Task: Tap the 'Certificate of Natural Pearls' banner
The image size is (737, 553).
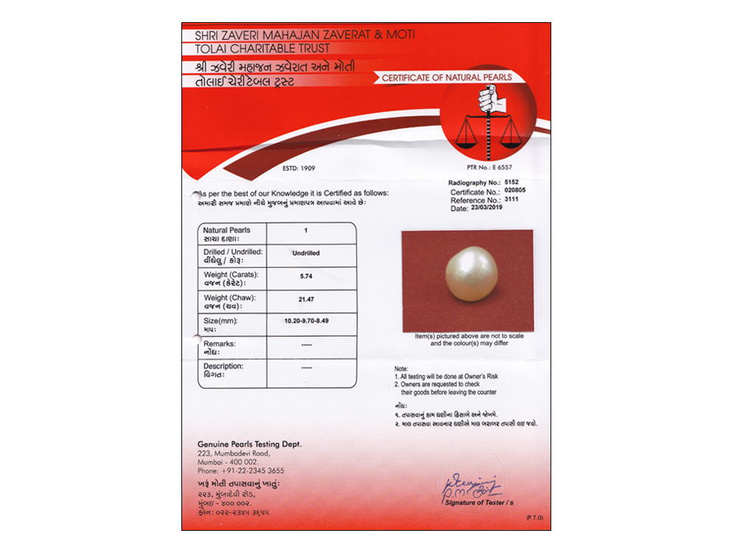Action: tap(447, 77)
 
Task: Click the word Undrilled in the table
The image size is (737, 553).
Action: tap(306, 253)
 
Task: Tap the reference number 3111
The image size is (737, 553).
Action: tap(513, 200)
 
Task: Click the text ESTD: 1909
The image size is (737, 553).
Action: tap(298, 168)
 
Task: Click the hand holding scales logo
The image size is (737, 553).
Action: tap(489, 122)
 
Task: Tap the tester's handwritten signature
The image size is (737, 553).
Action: tap(472, 484)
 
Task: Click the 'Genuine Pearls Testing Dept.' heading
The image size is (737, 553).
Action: tap(249, 445)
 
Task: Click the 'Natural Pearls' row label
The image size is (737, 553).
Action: tap(227, 230)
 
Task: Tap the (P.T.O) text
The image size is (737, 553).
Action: tap(534, 518)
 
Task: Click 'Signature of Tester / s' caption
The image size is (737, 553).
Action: tap(478, 501)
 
